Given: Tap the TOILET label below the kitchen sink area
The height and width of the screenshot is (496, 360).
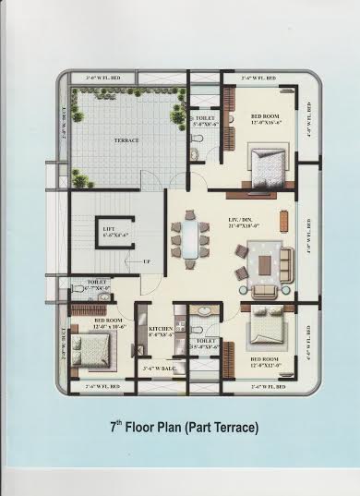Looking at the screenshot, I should tap(206, 340).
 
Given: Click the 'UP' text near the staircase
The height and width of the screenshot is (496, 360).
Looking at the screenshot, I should tap(147, 261).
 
